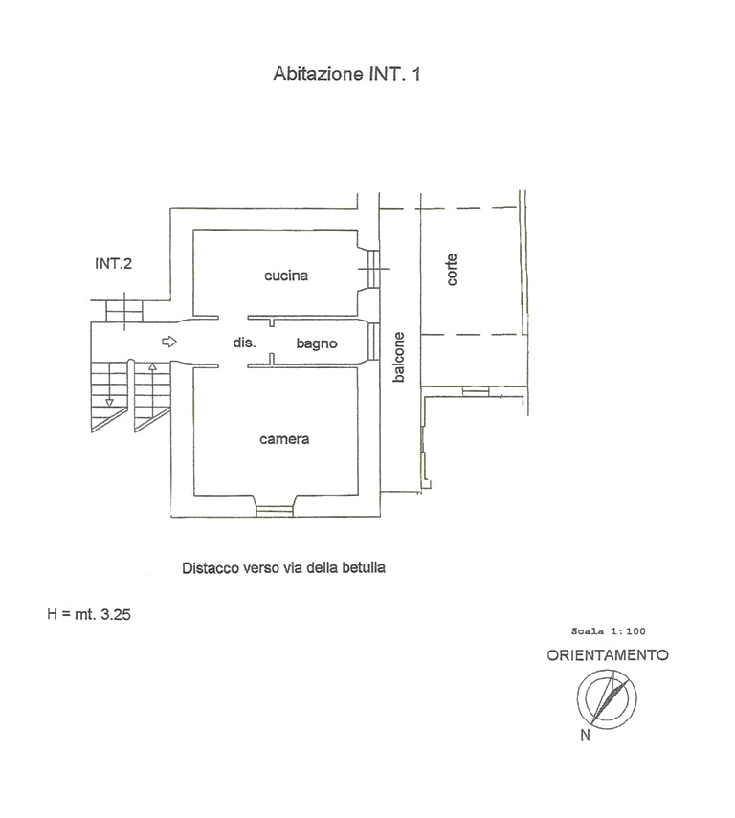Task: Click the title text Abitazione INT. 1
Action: (x=346, y=74)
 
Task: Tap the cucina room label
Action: (x=286, y=275)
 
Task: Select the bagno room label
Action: (x=317, y=343)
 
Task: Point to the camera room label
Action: (x=284, y=439)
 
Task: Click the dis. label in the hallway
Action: (x=244, y=343)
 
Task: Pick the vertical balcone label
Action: (x=399, y=358)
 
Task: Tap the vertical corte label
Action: (x=452, y=269)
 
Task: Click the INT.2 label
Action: (x=113, y=263)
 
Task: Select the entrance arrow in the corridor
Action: (x=169, y=342)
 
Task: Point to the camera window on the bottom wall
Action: (x=275, y=510)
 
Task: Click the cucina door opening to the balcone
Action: (x=372, y=269)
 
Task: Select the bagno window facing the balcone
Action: (x=372, y=342)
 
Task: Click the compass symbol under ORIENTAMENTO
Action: (x=607, y=699)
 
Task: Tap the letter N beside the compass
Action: (x=585, y=735)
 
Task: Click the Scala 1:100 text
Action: (x=608, y=631)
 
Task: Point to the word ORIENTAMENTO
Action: (x=608, y=655)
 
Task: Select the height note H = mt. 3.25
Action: (x=89, y=614)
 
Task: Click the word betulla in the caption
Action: (x=364, y=567)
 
